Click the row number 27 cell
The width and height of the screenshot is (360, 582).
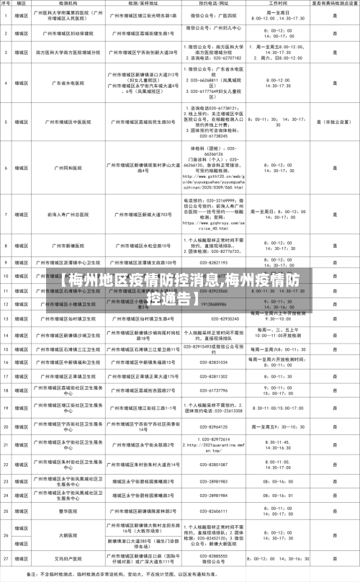pyautogui.click(x=6, y=558)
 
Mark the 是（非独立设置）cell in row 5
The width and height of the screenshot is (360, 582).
pyautogui.click(x=334, y=123)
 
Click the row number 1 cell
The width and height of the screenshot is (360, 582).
pyautogui.click(x=6, y=14)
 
